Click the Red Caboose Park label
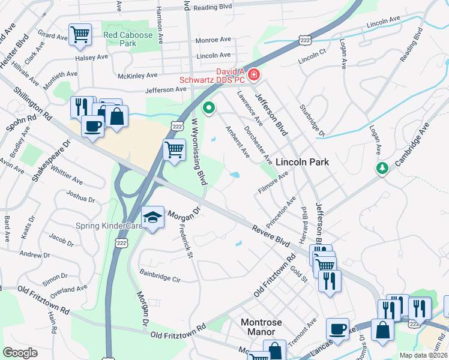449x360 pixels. [128, 39]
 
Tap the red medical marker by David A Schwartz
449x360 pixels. [254, 74]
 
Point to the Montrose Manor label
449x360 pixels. [261, 326]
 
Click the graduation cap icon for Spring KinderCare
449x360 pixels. [153, 216]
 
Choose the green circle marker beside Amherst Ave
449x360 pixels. [209, 108]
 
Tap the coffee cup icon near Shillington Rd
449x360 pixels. [92, 126]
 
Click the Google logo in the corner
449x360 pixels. [20, 353]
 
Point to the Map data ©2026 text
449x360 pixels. [423, 355]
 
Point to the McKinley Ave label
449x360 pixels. [137, 76]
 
